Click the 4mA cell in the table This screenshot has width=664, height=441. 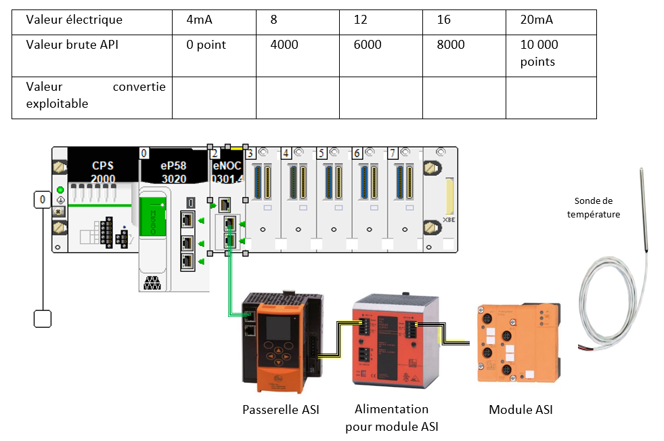[x=200, y=20]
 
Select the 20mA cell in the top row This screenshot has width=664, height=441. [x=536, y=20]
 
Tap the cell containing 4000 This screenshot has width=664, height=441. [x=284, y=45]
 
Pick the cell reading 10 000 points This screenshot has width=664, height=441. [x=539, y=53]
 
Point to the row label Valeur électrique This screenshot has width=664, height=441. [x=74, y=20]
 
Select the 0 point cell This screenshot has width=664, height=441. [x=206, y=45]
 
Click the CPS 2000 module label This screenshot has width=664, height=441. [x=104, y=171]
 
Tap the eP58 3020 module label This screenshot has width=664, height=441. [x=173, y=171]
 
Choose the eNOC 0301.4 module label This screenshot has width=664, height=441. [x=227, y=171]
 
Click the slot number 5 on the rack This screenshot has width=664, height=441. [x=322, y=152]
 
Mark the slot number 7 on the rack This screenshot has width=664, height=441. [x=393, y=152]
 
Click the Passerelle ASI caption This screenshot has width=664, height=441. [x=280, y=410]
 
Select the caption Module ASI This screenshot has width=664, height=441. [x=521, y=410]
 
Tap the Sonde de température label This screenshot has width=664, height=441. [x=597, y=207]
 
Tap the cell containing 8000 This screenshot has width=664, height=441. [x=451, y=45]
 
